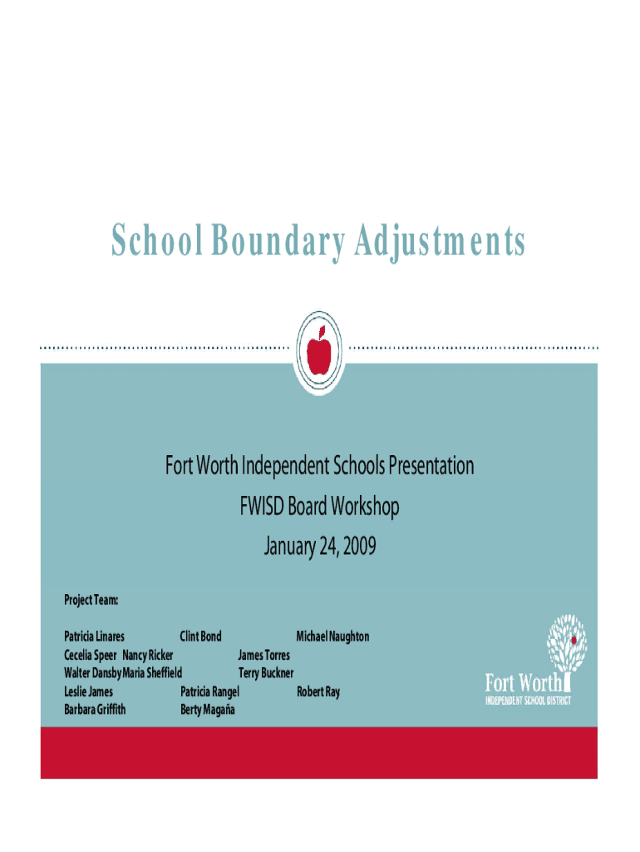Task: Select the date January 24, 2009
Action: [320, 547]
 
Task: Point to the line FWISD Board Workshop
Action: [320, 507]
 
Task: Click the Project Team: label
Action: [91, 599]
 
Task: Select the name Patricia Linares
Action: [95, 637]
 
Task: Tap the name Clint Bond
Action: [201, 637]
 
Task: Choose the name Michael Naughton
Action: [332, 637]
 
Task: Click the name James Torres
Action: [264, 655]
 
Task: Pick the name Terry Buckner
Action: [266, 673]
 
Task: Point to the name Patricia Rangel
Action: [210, 691]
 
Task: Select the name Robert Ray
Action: [318, 691]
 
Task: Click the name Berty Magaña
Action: [208, 710]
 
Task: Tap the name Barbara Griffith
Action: [96, 710]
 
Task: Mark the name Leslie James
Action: [89, 691]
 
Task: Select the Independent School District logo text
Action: [528, 701]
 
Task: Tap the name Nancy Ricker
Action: [149, 655]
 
